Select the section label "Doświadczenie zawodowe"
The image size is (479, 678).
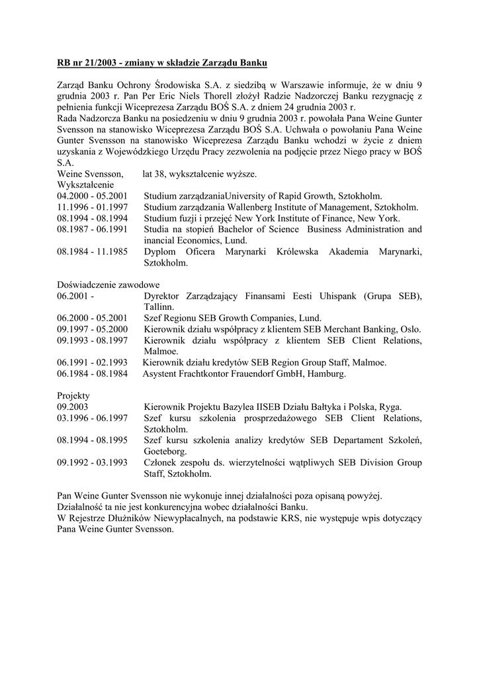103,285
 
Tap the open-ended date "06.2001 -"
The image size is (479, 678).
75,296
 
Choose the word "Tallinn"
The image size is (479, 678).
158,307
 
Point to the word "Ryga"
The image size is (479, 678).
390,407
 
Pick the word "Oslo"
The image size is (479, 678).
411,329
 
